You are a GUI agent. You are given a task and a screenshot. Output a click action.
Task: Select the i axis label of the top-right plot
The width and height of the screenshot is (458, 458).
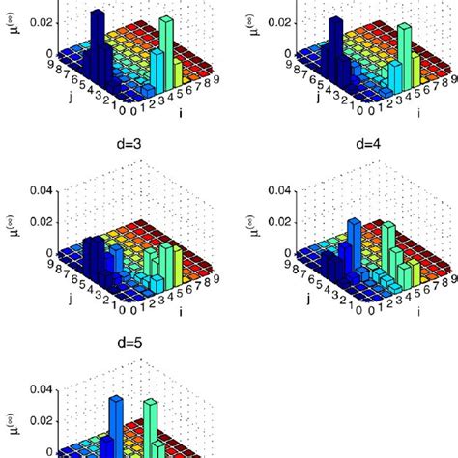tap(419, 113)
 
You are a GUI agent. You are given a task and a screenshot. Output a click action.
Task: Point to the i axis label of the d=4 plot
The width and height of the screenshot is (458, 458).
tap(419, 311)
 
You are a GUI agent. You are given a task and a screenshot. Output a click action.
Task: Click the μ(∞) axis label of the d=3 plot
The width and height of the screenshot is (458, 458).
tap(14, 228)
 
